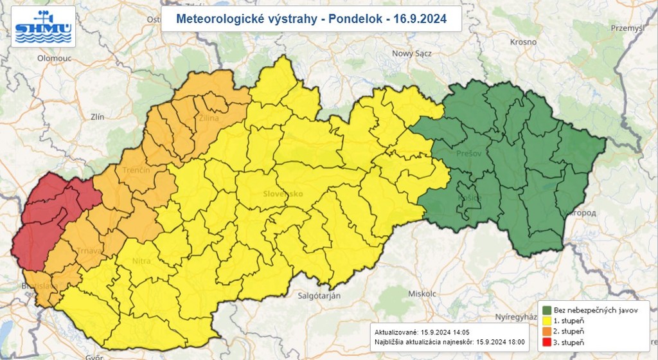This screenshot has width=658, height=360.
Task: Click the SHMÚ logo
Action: click(44, 26)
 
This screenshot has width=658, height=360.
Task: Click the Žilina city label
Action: click(209, 118)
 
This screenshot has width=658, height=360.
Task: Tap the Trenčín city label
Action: click(136, 170)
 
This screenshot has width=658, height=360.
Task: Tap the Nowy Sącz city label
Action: click(411, 54)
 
